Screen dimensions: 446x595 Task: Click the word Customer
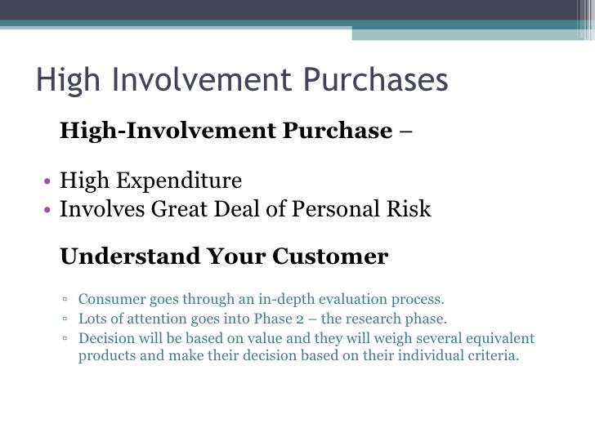[330, 256]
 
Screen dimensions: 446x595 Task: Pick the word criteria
[490, 357]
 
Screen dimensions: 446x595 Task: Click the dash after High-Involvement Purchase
[406, 132]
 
